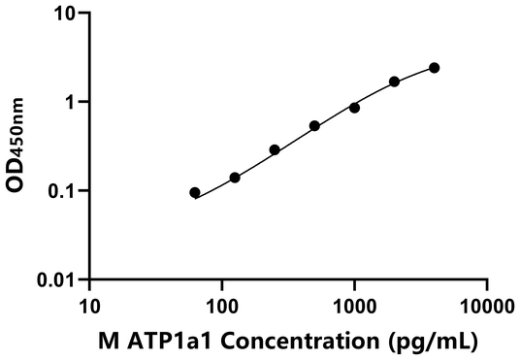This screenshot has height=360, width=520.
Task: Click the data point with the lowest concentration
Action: (195, 193)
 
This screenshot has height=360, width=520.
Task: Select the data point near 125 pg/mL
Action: (235, 178)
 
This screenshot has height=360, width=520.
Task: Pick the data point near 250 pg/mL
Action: (275, 150)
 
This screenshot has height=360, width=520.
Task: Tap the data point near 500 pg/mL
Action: (314, 126)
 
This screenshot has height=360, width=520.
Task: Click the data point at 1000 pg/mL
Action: (354, 108)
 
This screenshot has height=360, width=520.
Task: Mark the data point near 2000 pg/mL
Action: (394, 82)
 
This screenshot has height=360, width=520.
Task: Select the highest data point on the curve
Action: (434, 68)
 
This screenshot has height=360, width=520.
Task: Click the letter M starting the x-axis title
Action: (106, 342)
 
